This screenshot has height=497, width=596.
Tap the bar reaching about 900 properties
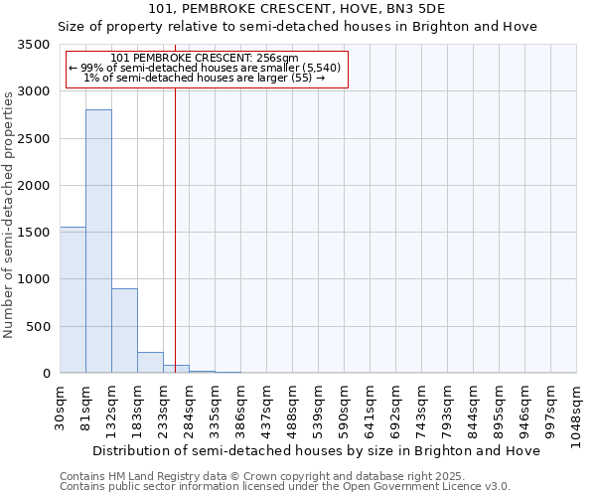pyautogui.click(x=124, y=330)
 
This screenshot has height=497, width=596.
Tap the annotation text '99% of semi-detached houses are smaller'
pyautogui.click(x=209, y=68)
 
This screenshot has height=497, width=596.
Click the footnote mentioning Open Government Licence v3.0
pyautogui.click(x=284, y=487)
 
